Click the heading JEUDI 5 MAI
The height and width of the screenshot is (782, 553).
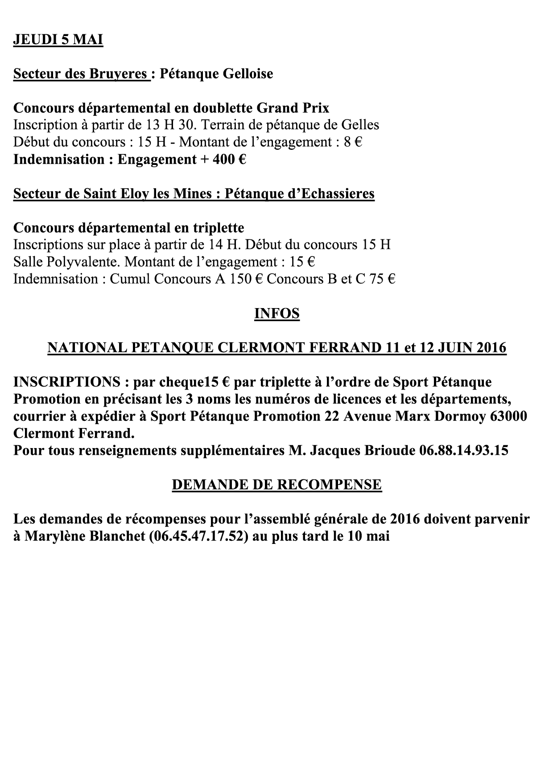pos(58,40)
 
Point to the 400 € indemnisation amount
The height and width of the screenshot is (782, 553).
pos(229,160)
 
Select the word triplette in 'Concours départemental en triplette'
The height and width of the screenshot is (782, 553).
pos(219,228)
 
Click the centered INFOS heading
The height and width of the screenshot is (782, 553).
pos(276,313)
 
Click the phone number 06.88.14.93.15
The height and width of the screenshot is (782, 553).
pos(464,450)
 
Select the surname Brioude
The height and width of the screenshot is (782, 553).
pos(390,450)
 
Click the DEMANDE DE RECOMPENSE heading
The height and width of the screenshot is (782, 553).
pos(276,485)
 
